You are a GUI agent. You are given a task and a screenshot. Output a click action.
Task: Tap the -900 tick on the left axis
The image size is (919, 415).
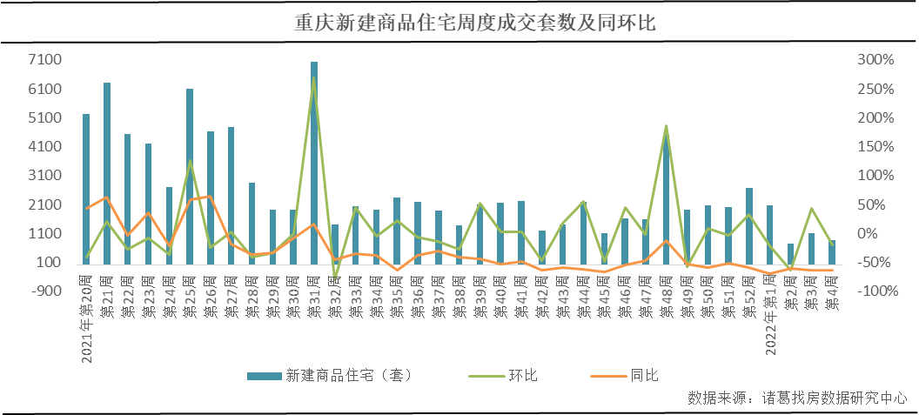(x=46, y=291)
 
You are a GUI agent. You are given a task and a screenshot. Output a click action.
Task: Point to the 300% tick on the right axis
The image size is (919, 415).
(x=875, y=60)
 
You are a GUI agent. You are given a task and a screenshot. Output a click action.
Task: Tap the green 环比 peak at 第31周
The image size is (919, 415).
(x=314, y=78)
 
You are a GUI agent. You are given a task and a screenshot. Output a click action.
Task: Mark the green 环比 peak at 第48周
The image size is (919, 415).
(x=667, y=126)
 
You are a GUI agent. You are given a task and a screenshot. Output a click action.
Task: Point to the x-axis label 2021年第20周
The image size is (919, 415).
(x=86, y=317)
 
